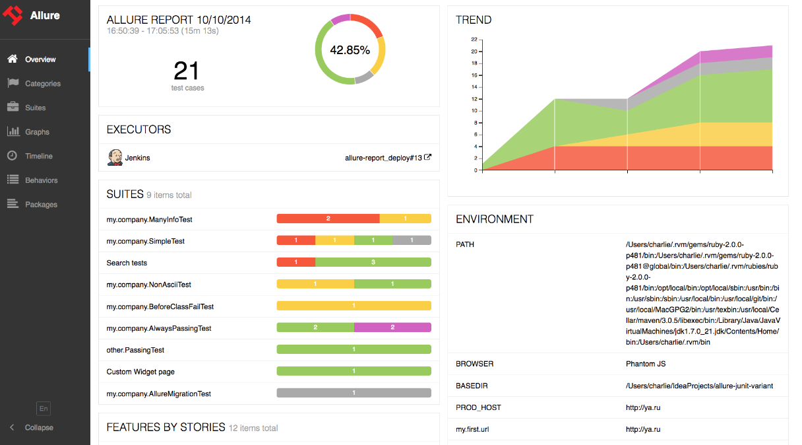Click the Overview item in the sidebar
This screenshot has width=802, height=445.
(40, 59)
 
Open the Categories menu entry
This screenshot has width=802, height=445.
(42, 84)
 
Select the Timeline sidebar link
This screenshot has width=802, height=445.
(38, 156)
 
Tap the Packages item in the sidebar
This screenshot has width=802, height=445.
(41, 205)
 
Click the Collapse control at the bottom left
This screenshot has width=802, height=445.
(38, 428)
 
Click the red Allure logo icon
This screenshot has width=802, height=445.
(13, 15)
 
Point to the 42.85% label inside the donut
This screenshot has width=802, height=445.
(350, 50)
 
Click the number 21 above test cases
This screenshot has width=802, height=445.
(187, 71)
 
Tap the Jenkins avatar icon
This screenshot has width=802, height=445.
(115, 158)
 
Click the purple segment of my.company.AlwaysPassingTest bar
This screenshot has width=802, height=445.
(392, 327)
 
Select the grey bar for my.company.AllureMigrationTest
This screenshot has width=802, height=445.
(354, 393)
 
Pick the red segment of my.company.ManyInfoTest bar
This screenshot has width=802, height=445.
(328, 219)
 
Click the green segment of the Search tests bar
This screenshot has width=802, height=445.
(373, 262)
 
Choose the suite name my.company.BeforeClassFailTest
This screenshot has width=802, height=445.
(160, 306)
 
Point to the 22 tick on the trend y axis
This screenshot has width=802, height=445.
(474, 40)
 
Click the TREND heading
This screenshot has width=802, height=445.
(473, 20)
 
